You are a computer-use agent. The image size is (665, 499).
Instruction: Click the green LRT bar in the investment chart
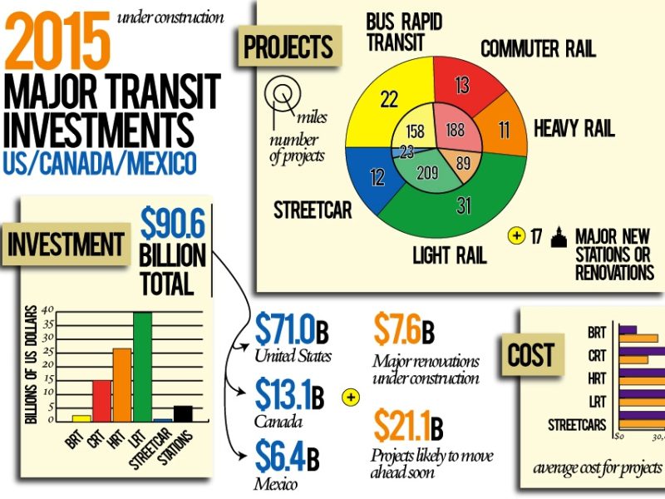[142, 366]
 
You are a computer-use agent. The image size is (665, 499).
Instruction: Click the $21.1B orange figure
[408, 427]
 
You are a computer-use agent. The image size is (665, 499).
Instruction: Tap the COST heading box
[531, 355]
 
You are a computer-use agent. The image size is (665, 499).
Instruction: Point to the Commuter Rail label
[538, 49]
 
